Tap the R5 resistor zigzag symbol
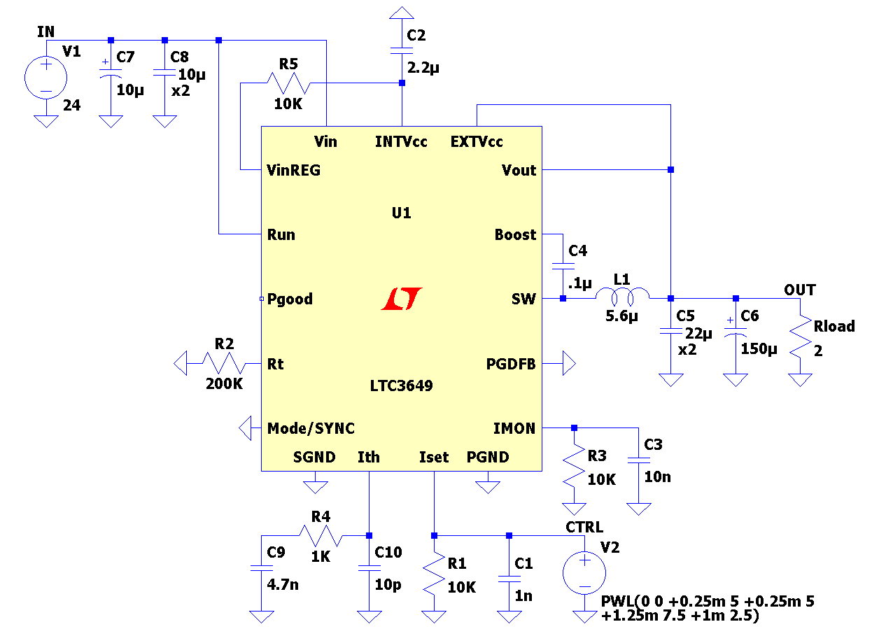(288, 83)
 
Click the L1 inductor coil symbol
(622, 296)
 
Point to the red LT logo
(402, 299)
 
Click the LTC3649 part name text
(401, 386)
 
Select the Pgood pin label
(290, 299)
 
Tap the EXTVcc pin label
(477, 141)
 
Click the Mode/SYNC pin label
(311, 428)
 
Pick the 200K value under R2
(224, 383)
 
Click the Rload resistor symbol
(801, 337)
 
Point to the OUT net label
(800, 290)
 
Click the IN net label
(45, 31)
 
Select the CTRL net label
(584, 527)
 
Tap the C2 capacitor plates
(402, 50)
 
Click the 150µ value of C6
(759, 348)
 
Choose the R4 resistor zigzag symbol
(321, 535)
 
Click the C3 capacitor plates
(639, 460)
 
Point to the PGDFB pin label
(511, 364)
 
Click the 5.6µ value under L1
(621, 316)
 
